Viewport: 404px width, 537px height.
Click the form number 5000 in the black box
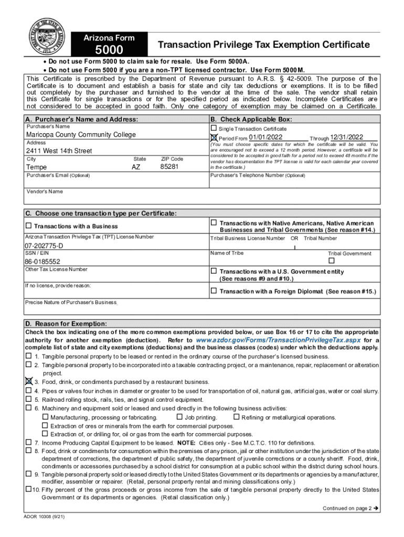(109, 50)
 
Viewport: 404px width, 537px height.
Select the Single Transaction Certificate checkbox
(214, 128)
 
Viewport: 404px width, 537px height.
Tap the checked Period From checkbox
(214, 138)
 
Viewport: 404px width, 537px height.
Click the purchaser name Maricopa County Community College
(81, 135)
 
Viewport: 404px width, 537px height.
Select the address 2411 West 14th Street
(59, 151)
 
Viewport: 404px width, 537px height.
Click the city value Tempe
(37, 167)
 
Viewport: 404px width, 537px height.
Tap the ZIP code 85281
(169, 167)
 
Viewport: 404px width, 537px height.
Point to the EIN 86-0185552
(42, 261)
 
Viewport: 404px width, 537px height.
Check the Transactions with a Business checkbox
(29, 226)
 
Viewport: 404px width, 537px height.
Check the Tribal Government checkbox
(331, 261)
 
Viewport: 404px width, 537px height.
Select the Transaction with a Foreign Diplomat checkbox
(214, 291)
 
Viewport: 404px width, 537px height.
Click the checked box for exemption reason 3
(29, 382)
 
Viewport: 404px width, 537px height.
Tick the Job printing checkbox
(179, 417)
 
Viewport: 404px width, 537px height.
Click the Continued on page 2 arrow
(376, 508)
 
